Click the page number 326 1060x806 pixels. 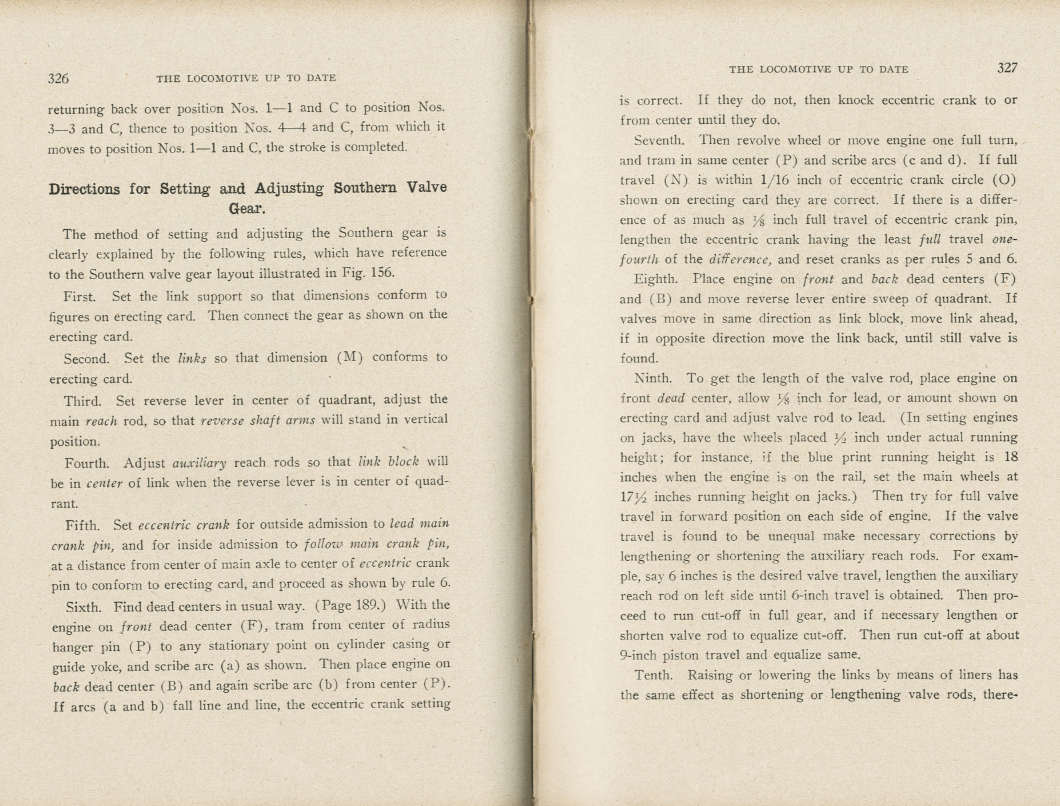click(58, 79)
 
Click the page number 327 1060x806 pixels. click(1007, 68)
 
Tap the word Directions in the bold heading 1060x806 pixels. click(84, 189)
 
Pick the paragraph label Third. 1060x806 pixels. click(82, 401)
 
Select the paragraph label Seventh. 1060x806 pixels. click(659, 141)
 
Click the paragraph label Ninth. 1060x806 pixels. click(653, 378)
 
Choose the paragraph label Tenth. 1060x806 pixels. click(653, 675)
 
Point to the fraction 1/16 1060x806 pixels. click(751, 180)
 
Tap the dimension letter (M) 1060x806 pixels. click(350, 358)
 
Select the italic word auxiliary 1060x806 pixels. click(199, 462)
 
